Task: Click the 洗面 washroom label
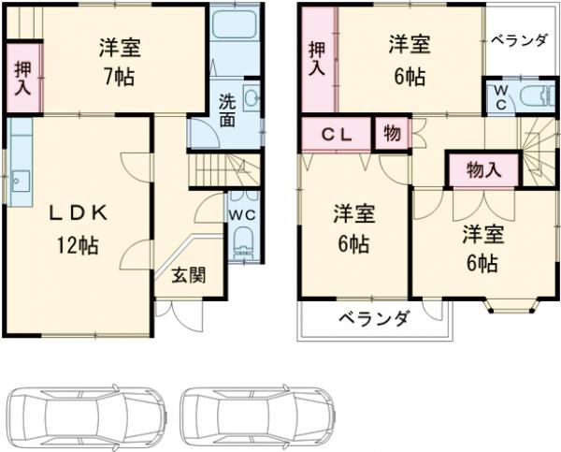tap(227, 110)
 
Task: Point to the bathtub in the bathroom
tap(234, 24)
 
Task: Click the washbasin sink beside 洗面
tap(250, 96)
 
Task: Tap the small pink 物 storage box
tap(392, 134)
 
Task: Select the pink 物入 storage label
tap(482, 169)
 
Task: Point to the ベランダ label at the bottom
tap(371, 318)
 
